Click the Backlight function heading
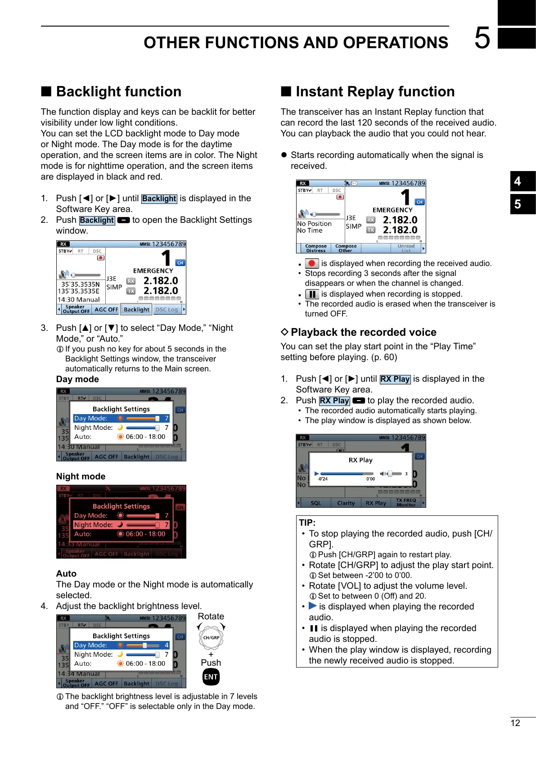click(118, 91)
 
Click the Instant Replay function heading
click(375, 91)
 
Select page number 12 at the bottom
click(515, 723)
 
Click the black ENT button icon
click(211, 677)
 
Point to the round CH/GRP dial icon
click(211, 637)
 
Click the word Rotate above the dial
click(211, 616)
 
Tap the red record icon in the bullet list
click(312, 263)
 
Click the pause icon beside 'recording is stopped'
click(312, 294)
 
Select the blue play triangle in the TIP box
click(313, 606)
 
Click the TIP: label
click(307, 523)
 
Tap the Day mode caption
click(77, 379)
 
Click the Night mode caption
click(81, 476)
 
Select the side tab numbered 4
click(522, 181)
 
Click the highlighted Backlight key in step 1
click(159, 199)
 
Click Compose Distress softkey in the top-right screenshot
click(316, 248)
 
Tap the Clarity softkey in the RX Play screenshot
click(346, 503)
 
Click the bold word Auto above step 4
click(66, 573)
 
